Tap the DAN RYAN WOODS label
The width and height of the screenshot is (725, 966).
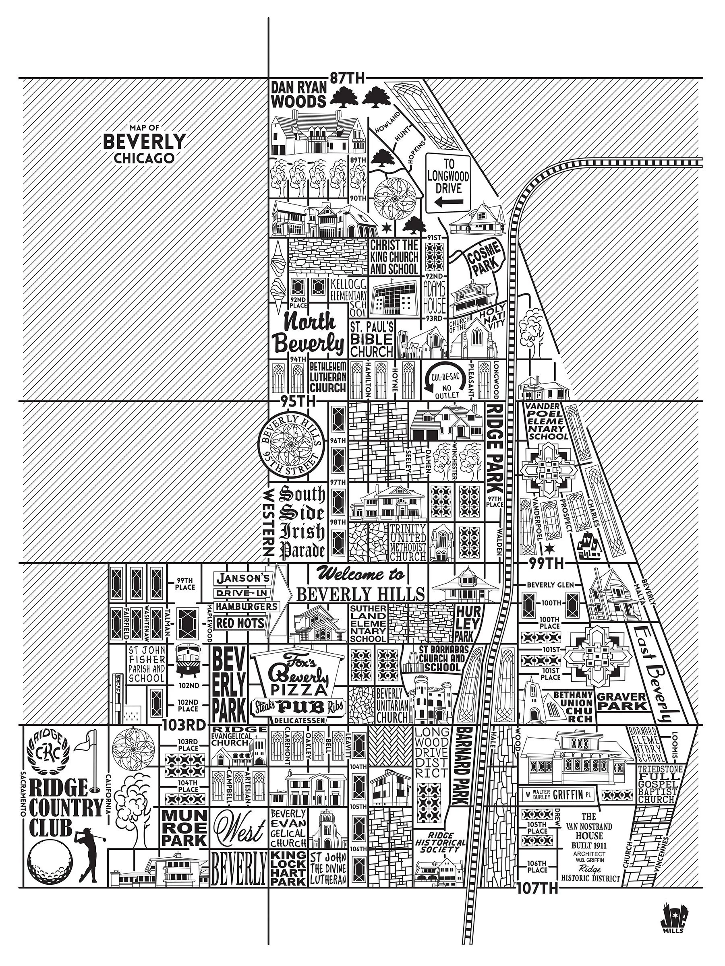coord(299,94)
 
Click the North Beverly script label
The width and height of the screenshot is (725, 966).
coord(309,333)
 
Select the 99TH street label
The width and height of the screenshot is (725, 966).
coord(542,563)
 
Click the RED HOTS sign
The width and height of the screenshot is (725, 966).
coord(241,623)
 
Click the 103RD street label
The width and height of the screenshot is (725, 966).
coord(184,724)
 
